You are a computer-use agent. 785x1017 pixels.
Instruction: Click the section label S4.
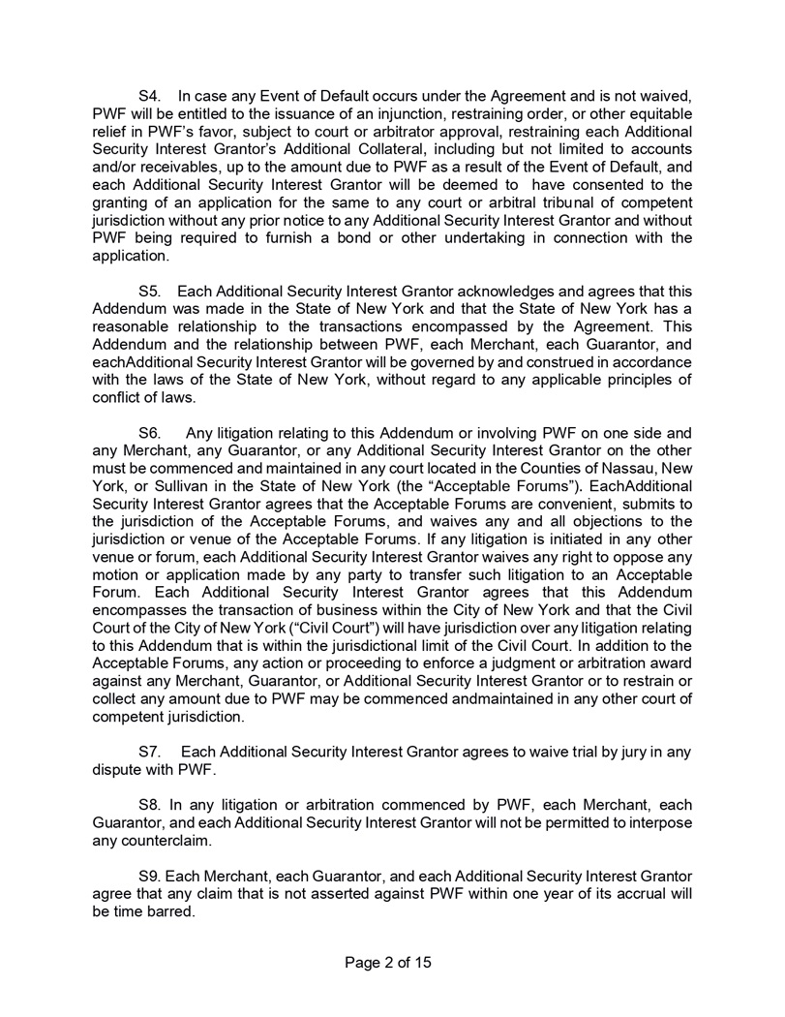pyautogui.click(x=151, y=97)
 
